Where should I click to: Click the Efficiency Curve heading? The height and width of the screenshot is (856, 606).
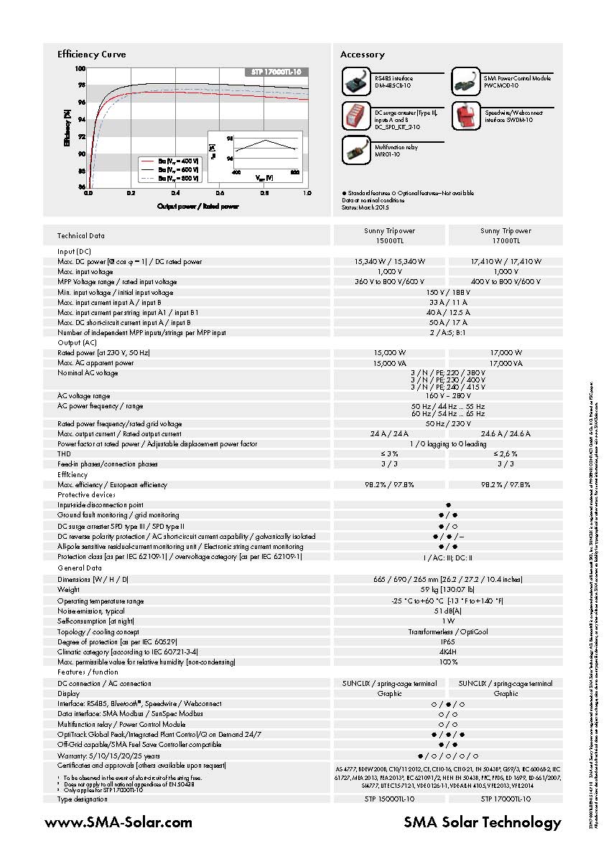(91, 55)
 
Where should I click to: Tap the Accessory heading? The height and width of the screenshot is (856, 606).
(362, 55)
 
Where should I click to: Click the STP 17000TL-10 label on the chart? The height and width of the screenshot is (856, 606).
(276, 72)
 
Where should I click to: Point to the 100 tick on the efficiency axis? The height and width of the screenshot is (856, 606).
(80, 69)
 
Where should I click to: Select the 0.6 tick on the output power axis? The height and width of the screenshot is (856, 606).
(220, 194)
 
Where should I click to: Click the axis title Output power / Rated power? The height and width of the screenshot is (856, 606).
(197, 206)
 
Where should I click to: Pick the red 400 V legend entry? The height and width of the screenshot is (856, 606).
(171, 161)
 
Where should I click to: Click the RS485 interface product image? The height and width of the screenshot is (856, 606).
(356, 81)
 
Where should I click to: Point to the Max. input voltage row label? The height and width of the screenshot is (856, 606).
(85, 272)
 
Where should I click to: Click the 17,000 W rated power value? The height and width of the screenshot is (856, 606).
(505, 353)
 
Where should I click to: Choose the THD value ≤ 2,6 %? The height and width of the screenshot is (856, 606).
(505, 454)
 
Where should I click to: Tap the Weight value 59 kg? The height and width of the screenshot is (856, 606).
(447, 590)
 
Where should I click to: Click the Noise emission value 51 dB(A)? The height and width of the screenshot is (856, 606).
(447, 611)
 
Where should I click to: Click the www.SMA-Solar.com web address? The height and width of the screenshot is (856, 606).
(118, 822)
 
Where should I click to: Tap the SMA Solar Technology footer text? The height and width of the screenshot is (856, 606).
(483, 822)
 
